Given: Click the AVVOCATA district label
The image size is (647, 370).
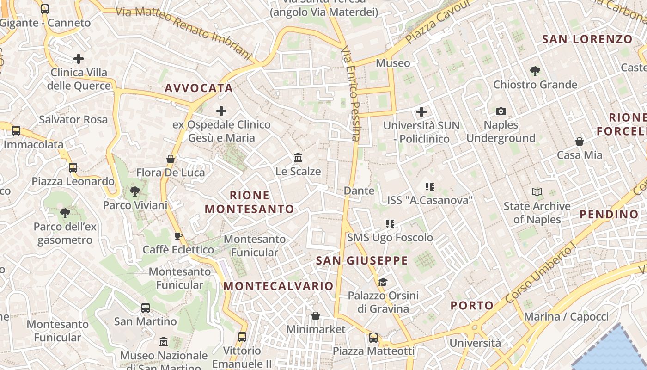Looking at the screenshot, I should (x=199, y=88).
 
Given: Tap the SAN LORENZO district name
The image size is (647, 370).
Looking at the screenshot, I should (x=587, y=39).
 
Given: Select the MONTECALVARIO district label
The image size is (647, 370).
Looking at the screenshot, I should (x=278, y=286).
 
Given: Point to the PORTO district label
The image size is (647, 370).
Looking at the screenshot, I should (x=472, y=305).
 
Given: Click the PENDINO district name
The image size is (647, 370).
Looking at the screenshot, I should (x=609, y=214).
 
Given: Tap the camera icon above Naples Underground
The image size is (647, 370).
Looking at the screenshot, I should (x=501, y=111).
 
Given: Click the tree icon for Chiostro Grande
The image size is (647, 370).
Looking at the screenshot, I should (x=535, y=71).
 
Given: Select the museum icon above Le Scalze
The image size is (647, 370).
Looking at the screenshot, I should (x=298, y=158).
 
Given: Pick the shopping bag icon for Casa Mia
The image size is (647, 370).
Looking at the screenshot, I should (x=579, y=142).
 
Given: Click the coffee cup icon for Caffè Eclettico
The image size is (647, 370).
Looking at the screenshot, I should (x=178, y=236).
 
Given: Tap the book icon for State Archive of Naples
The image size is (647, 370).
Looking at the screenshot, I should (x=537, y=192).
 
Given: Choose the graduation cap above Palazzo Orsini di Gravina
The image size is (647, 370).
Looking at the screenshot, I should (x=383, y=282).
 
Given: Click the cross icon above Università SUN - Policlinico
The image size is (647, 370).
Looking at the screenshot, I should (x=421, y=112).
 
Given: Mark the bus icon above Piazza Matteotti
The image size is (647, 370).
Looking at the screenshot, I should (x=373, y=338).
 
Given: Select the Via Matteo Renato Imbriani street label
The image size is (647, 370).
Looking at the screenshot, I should (x=185, y=33).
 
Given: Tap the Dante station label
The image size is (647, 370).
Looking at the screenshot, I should (x=359, y=191).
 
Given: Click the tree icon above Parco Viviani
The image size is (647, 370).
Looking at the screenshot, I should (x=135, y=191).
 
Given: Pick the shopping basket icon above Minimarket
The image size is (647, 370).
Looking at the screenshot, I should (x=316, y=316).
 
